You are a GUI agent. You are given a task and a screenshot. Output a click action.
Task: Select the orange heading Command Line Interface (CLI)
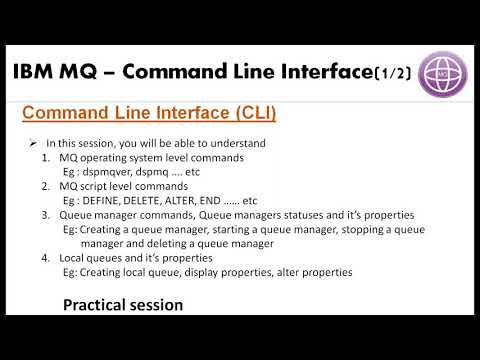tap(149, 113)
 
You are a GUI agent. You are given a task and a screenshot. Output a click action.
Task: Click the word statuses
tap(303, 215)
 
